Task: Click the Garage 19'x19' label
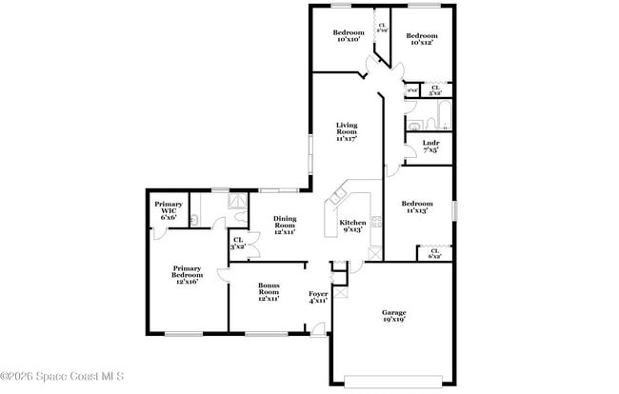click(394, 317)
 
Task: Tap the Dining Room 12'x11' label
click(285, 226)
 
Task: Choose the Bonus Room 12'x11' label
click(269, 292)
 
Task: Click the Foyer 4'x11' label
click(318, 297)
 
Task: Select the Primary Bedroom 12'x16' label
click(187, 275)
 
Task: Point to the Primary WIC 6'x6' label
click(169, 211)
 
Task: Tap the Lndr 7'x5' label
click(430, 147)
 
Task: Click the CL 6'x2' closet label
click(434, 254)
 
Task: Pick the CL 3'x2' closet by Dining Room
click(238, 244)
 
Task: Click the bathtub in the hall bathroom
click(437, 122)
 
